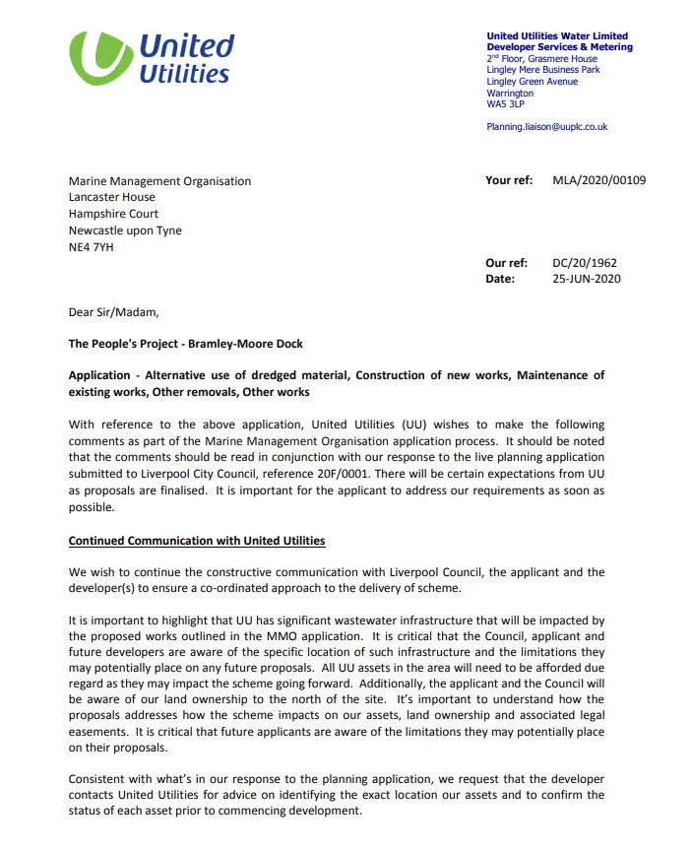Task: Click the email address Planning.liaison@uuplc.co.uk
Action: pyautogui.click(x=546, y=127)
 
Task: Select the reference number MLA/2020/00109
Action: pyautogui.click(x=599, y=181)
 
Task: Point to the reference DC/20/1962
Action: pyautogui.click(x=586, y=263)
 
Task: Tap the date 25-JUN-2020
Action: pyautogui.click(x=587, y=279)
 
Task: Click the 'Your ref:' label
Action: pyautogui.click(x=509, y=181)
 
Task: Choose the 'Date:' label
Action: pyautogui.click(x=500, y=279)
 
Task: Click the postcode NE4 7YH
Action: pyautogui.click(x=91, y=247)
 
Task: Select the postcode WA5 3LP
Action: pyautogui.click(x=507, y=103)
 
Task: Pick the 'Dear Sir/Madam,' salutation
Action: pyautogui.click(x=112, y=312)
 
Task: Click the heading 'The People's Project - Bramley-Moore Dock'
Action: pyautogui.click(x=185, y=344)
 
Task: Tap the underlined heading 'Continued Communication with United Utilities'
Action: pyautogui.click(x=196, y=541)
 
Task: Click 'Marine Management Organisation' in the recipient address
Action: pyautogui.click(x=159, y=181)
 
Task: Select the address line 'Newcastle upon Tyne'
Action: pyautogui.click(x=125, y=230)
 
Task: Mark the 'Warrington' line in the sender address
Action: pyautogui.click(x=510, y=93)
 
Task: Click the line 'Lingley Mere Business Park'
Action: pyautogui.click(x=542, y=70)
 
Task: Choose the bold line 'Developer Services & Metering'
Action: pyautogui.click(x=559, y=47)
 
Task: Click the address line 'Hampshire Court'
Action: pyautogui.click(x=113, y=214)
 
